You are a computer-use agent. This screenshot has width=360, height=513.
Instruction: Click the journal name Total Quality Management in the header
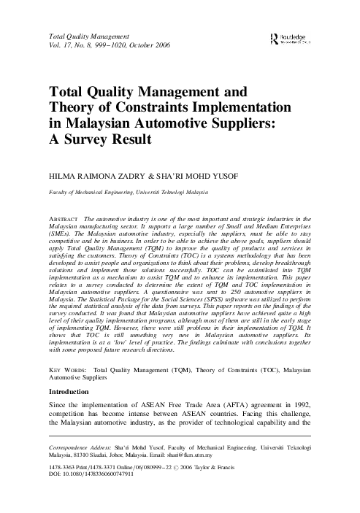pos(88,34)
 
